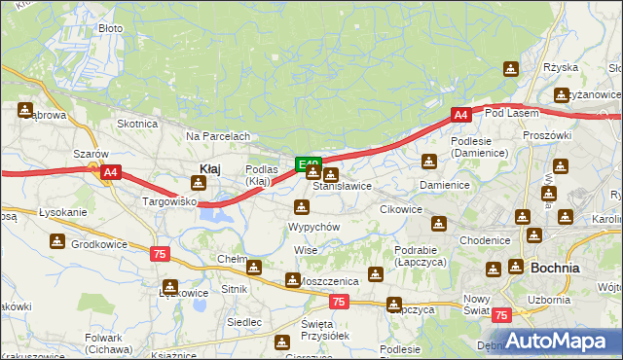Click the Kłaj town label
point(209,168)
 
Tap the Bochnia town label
point(554,267)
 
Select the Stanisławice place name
point(342,185)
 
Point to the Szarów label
point(91,154)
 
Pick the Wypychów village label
point(313,226)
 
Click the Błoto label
point(111,28)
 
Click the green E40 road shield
point(309,164)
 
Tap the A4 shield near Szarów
point(110,173)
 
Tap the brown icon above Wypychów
point(302,206)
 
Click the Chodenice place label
point(485,240)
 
